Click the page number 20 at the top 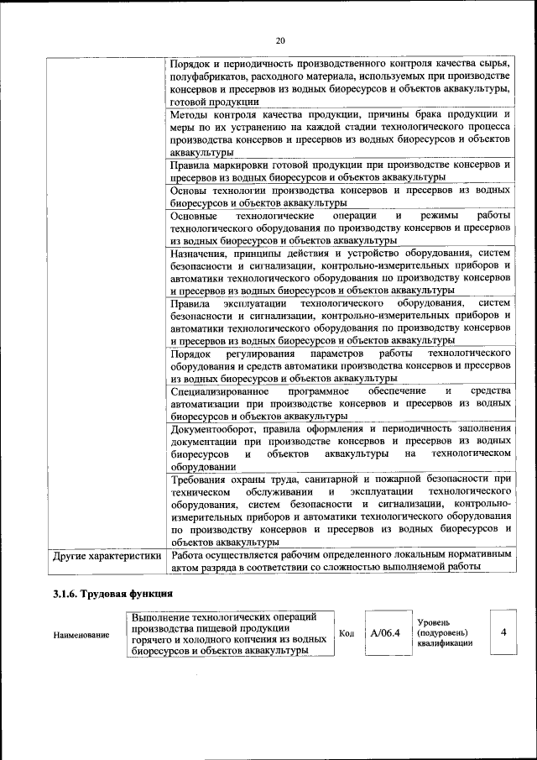pos(280,39)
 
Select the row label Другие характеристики pos(107,555)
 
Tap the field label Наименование pos(81,635)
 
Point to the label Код pos(345,632)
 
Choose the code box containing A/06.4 pos(386,632)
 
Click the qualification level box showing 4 pos(503,632)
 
